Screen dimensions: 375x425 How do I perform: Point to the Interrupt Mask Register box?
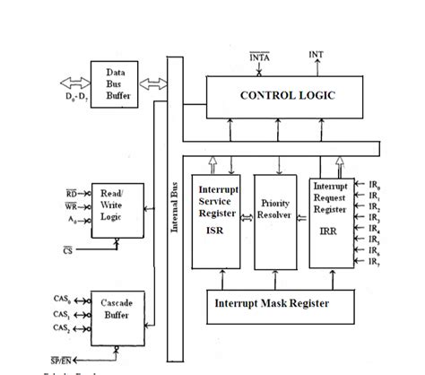[x=270, y=303]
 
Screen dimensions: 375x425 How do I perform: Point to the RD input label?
[x=72, y=192]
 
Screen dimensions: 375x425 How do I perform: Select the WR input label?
[x=72, y=205]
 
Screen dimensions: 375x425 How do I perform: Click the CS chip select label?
[x=70, y=250]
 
